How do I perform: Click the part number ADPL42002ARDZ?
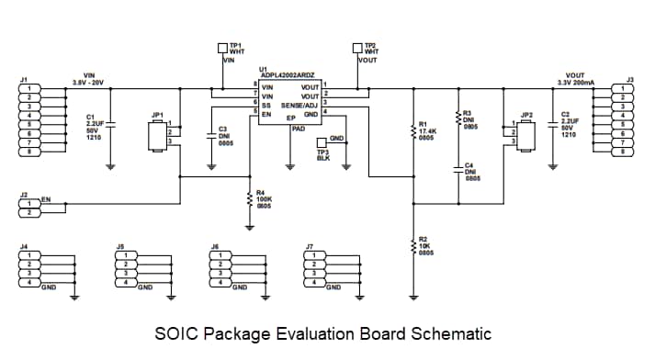(288, 73)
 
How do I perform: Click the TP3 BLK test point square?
(321, 141)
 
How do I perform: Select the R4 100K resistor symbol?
(250, 197)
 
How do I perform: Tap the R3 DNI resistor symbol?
(457, 119)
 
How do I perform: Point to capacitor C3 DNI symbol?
(210, 135)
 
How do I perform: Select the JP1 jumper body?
(157, 135)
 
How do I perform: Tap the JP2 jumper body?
(526, 135)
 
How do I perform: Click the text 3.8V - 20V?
(89, 82)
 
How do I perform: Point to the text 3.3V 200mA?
(576, 82)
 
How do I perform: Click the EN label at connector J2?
(46, 198)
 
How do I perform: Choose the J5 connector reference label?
(120, 246)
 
